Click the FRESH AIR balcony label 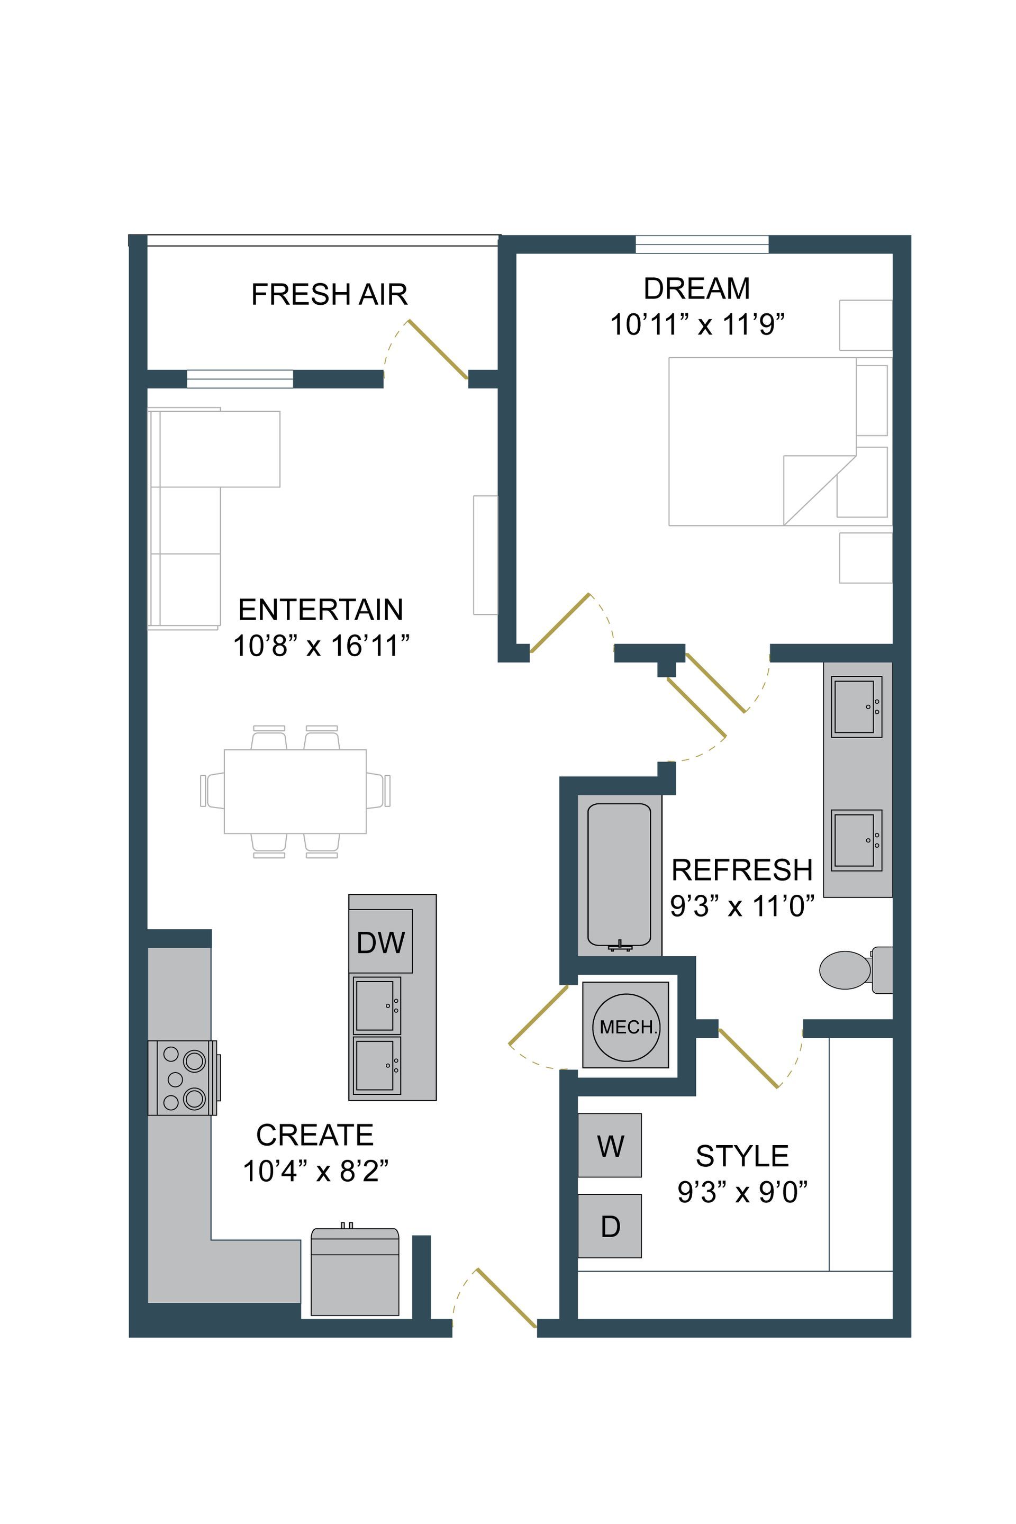tap(329, 295)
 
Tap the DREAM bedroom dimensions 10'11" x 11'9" tap(697, 324)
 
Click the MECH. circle tap(626, 1027)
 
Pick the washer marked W tap(610, 1146)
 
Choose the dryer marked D tap(610, 1226)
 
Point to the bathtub tap(619, 875)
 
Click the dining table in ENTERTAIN tap(295, 791)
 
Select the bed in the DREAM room tap(762, 441)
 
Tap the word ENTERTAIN tap(321, 610)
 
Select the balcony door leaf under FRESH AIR tap(438, 349)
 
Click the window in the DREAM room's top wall tap(702, 244)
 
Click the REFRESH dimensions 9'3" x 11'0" tap(742, 906)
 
